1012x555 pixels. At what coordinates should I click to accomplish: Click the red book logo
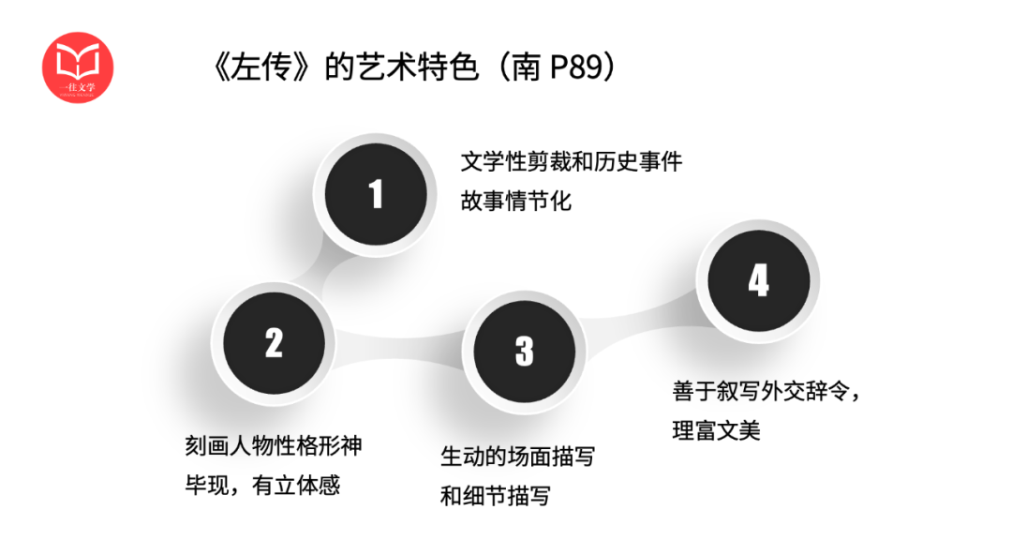[x=78, y=67]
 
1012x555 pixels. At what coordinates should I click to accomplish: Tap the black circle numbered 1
[x=376, y=194]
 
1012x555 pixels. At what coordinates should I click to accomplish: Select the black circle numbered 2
[x=275, y=343]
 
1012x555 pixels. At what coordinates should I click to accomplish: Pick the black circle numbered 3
[x=525, y=352]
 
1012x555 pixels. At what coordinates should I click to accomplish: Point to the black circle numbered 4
[x=759, y=281]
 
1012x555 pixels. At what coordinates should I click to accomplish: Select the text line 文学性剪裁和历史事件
[x=572, y=161]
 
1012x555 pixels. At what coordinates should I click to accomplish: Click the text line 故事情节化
[x=516, y=201]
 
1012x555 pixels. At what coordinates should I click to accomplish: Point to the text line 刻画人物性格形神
[x=274, y=445]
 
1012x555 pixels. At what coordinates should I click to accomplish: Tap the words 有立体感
[x=295, y=485]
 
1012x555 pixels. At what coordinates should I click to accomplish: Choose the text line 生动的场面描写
[x=517, y=457]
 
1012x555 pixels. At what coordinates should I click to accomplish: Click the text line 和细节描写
[x=496, y=496]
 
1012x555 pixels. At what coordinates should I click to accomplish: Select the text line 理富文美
[x=717, y=430]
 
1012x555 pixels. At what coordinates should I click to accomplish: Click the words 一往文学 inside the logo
[x=78, y=87]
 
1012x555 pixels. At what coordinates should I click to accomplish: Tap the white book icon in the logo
[x=78, y=59]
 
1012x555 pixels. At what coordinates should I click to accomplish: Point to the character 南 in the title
[x=526, y=67]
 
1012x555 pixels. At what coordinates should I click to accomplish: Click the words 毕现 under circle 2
[x=207, y=485]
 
